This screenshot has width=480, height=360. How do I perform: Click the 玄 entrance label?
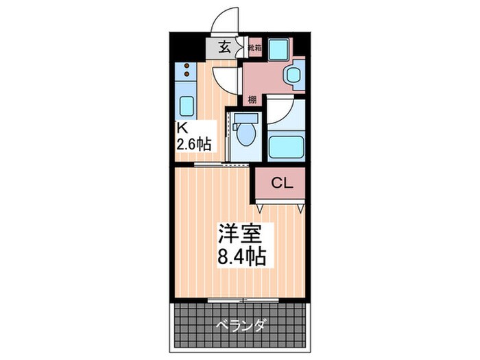point(224,47)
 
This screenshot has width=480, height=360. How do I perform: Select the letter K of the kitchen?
point(182,128)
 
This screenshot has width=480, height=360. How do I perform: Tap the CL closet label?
point(282,183)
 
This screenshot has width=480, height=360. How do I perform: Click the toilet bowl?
point(244,135)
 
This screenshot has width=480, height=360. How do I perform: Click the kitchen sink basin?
point(186,106)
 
